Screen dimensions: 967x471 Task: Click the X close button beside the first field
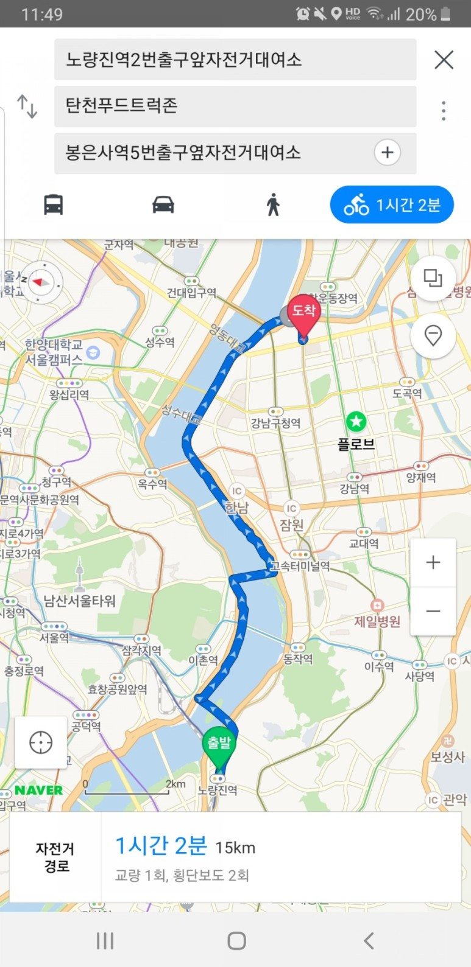[x=444, y=60]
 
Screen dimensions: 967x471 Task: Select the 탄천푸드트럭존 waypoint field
[x=235, y=106]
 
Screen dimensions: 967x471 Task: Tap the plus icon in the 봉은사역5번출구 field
[x=388, y=152]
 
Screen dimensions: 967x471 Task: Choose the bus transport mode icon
[x=54, y=204]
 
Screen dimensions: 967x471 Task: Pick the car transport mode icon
[x=163, y=204]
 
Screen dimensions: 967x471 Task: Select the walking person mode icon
[x=273, y=204]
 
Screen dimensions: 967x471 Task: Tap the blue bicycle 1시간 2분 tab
[x=392, y=205]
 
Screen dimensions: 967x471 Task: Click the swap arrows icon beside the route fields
[x=27, y=106]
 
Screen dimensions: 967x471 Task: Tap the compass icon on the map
[x=41, y=282]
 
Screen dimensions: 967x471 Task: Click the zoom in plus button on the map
[x=433, y=562]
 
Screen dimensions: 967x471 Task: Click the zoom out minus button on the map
[x=433, y=611]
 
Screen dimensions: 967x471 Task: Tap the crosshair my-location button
[x=41, y=742]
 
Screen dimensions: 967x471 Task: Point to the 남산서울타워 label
[x=79, y=601]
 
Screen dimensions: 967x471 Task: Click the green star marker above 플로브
[x=356, y=421]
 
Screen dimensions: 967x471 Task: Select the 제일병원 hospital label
[x=378, y=621]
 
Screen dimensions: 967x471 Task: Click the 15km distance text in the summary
[x=235, y=848]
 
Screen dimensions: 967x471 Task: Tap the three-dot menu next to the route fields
[x=444, y=110]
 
